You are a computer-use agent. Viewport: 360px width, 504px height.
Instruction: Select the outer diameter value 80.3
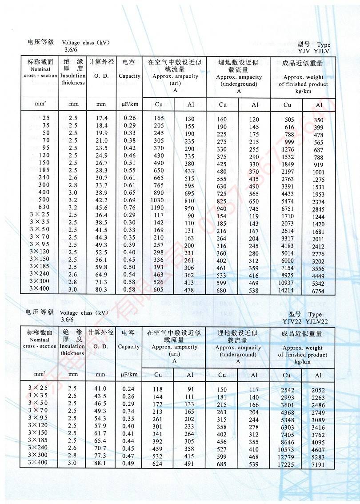coord(102,289)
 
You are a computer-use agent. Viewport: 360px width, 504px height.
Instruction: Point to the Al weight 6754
coord(318,291)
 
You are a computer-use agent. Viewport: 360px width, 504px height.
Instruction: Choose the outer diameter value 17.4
coord(102,118)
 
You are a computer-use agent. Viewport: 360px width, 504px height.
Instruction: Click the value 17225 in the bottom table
coord(287,464)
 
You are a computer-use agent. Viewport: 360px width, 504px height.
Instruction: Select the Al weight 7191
coord(318,465)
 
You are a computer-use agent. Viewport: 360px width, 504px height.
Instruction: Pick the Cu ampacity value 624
coord(158,464)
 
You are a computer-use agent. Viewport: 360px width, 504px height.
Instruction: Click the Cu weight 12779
coord(287,457)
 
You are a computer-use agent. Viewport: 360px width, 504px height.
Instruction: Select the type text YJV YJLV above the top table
coord(314,51)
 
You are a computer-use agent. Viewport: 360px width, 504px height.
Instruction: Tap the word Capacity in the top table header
coord(129,76)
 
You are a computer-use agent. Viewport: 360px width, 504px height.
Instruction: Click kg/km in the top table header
coord(303,91)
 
